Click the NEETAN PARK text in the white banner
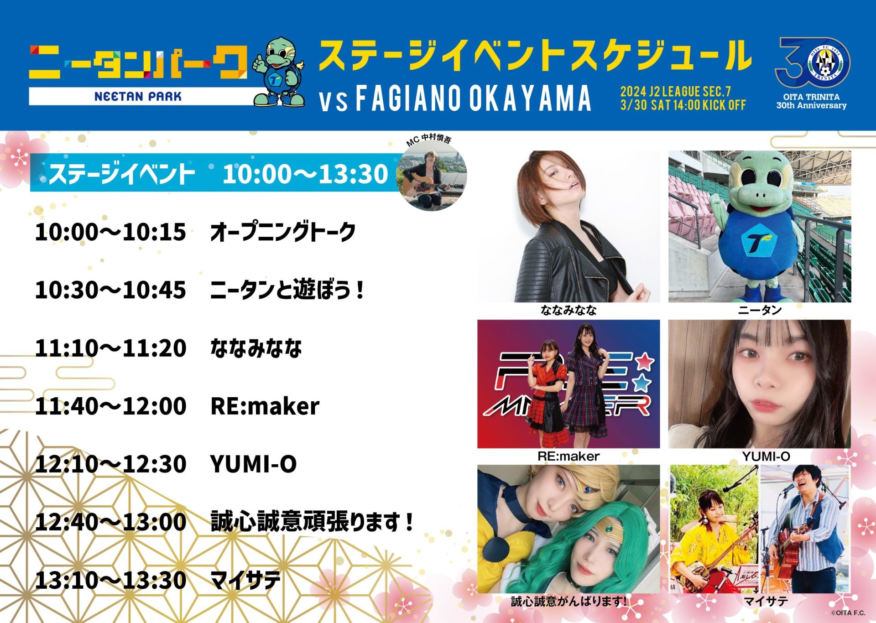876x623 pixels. [138, 96]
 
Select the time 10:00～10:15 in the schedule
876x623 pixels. [110, 232]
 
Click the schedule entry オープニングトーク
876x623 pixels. [283, 232]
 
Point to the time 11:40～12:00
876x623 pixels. [110, 406]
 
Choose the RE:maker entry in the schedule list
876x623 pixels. [265, 406]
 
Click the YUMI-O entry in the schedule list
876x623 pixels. [254, 464]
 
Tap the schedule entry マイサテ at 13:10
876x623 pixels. [245, 580]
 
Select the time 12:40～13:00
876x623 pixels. [110, 522]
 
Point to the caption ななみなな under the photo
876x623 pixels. [568, 311]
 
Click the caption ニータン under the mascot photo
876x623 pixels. [760, 311]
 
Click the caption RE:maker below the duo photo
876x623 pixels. [568, 456]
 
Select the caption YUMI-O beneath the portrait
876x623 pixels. [766, 456]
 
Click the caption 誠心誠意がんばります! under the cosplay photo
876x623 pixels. [569, 602]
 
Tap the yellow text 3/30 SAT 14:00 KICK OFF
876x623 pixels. [683, 105]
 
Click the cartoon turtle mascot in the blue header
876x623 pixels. [279, 72]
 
